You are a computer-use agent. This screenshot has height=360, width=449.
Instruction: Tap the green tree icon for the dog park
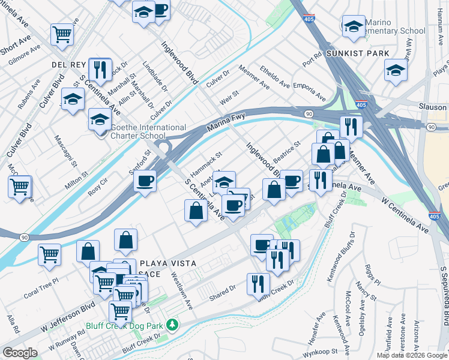(173, 325)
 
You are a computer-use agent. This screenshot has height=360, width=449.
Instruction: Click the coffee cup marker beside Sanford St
(145, 181)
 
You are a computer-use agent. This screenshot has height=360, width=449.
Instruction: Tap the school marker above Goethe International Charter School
(100, 119)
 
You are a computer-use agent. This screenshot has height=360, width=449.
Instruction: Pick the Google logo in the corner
(20, 353)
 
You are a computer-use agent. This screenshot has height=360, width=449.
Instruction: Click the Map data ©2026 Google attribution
(411, 355)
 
